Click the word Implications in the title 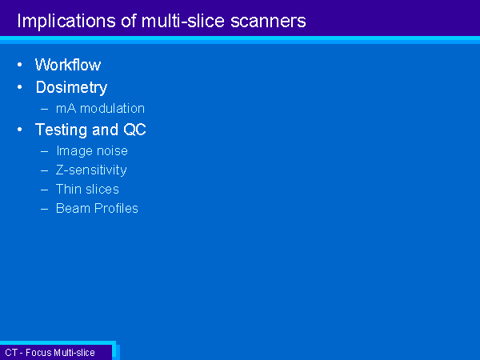(x=66, y=21)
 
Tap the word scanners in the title (x=268, y=21)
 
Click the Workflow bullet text (x=68, y=65)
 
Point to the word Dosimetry (x=72, y=87)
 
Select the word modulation (x=112, y=108)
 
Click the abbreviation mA (x=66, y=109)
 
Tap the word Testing (x=62, y=130)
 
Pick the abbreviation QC (x=134, y=130)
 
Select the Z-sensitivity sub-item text (x=91, y=170)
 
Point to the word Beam (x=73, y=209)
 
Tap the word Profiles (x=116, y=209)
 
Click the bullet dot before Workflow (x=20, y=65)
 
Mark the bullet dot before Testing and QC (x=20, y=130)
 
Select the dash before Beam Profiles (x=44, y=209)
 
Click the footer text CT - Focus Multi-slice (x=50, y=353)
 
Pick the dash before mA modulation (x=44, y=109)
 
